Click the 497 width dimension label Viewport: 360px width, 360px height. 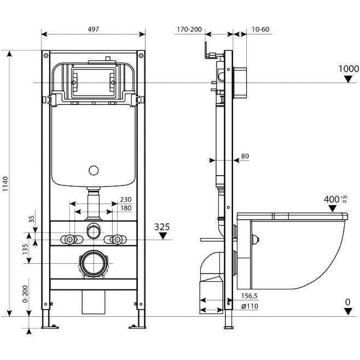[x=93, y=29]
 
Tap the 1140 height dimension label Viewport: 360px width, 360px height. [x=5, y=184]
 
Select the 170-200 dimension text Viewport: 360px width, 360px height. [x=189, y=29]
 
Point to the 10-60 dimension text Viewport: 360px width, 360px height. [x=260, y=29]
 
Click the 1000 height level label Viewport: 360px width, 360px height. [x=349, y=68]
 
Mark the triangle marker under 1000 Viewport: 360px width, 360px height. [x=349, y=79]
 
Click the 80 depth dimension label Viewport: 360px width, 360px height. [x=245, y=156]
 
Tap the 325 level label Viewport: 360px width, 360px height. [x=162, y=227]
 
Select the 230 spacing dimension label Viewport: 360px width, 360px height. [x=126, y=199]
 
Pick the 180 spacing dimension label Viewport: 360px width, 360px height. [x=126, y=208]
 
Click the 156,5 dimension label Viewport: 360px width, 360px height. [x=249, y=295]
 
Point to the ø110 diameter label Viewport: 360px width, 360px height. [x=250, y=306]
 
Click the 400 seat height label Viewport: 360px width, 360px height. [x=332, y=199]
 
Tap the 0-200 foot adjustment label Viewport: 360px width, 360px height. [x=25, y=294]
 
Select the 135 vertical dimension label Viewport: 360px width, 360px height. [x=25, y=249]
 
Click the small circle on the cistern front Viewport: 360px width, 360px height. [x=94, y=170]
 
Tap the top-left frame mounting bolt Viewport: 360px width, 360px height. [x=46, y=55]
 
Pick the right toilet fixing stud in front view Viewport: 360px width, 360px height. [x=117, y=240]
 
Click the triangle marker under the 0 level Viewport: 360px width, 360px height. [x=349, y=311]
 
